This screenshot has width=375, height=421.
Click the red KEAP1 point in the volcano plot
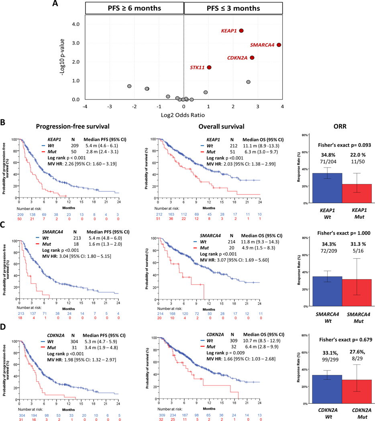[241, 30]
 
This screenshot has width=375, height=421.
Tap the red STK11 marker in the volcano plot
[209, 67]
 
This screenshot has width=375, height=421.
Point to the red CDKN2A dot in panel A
[252, 58]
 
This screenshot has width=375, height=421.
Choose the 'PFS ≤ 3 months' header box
[233, 8]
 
